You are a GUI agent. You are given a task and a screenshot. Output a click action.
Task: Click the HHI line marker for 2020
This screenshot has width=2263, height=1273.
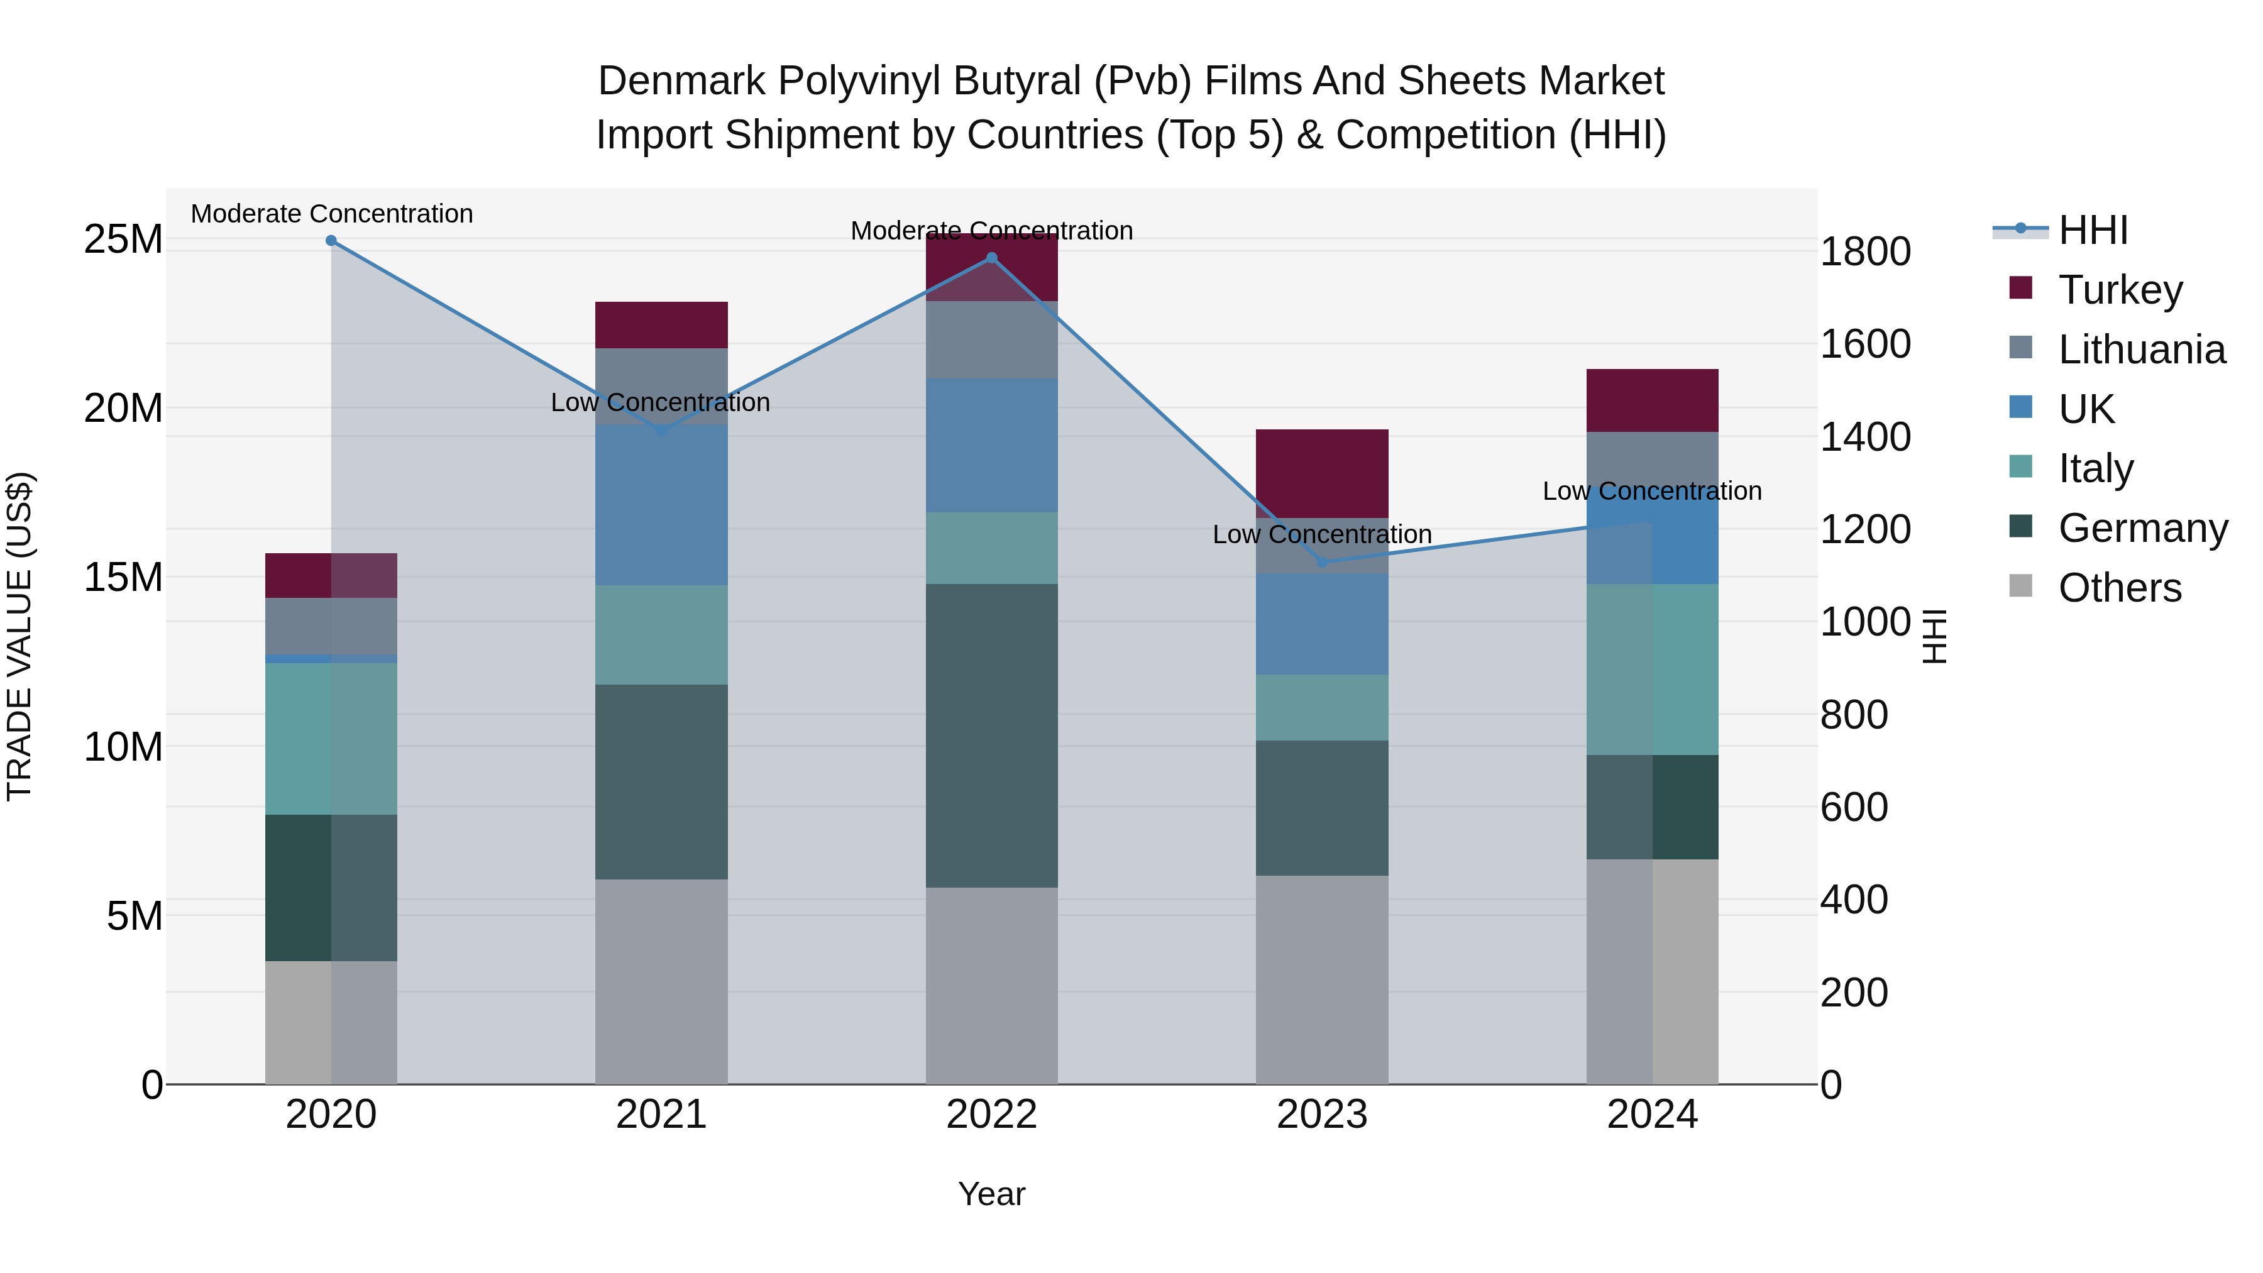[x=331, y=241]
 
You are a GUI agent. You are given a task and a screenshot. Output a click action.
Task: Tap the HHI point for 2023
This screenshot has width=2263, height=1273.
[x=1322, y=562]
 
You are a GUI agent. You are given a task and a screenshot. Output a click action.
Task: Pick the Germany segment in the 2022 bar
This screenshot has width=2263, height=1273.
[x=992, y=736]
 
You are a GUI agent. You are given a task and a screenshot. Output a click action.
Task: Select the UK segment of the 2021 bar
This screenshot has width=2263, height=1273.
[x=661, y=505]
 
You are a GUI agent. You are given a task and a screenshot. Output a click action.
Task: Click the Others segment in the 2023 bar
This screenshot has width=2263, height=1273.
[x=1322, y=979]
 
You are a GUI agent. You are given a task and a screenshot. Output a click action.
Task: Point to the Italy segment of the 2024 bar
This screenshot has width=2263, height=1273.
[x=1653, y=670]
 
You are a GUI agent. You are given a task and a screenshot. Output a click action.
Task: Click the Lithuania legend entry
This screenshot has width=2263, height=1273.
[x=2142, y=350]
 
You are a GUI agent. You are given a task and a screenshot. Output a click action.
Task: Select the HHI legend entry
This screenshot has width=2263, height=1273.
[x=2093, y=230]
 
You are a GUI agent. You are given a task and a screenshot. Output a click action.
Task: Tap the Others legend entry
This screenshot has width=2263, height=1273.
[x=2120, y=588]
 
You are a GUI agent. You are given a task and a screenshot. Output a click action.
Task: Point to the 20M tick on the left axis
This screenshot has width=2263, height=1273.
[x=123, y=409]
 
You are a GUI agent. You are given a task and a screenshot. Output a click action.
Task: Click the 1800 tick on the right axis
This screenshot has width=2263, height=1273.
[x=1865, y=252]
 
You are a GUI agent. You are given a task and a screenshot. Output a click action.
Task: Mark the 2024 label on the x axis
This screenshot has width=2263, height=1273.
[x=1653, y=1115]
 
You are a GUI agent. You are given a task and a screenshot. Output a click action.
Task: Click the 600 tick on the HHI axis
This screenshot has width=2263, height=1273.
[x=1854, y=807]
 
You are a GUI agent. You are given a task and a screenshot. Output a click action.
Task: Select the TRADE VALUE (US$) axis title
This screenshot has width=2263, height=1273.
[x=19, y=636]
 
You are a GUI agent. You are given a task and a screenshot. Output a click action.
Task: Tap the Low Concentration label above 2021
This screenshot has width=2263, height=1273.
[x=661, y=402]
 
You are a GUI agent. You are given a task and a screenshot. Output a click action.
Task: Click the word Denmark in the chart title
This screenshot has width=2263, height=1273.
[x=681, y=81]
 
